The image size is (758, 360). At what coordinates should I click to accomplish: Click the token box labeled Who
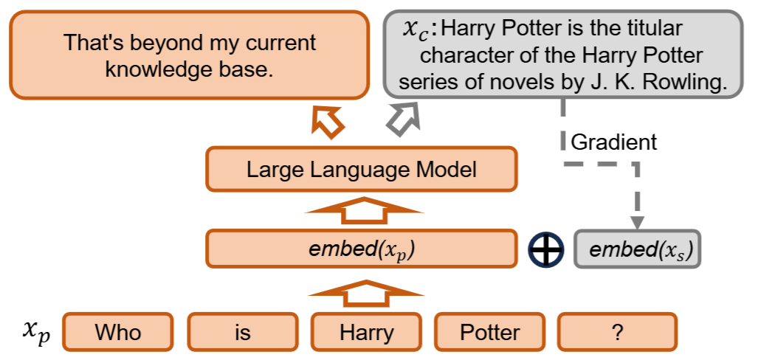[118, 332]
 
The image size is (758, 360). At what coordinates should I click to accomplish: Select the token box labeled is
[243, 332]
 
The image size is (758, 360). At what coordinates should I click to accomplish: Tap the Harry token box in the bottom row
[366, 332]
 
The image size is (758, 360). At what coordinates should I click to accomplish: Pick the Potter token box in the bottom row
[490, 332]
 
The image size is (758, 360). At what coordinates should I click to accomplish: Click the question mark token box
[616, 332]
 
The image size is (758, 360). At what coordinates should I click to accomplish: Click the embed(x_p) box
[361, 249]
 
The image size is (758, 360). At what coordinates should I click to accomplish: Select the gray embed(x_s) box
[637, 249]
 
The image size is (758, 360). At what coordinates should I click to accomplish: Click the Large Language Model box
[361, 169]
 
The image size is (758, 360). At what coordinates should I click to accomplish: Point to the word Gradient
[613, 142]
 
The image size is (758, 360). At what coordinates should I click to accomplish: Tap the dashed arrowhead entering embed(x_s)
[636, 222]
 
